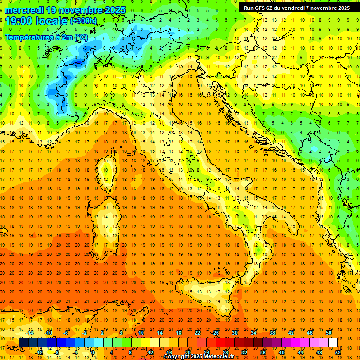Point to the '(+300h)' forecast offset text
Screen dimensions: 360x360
(x=83, y=21)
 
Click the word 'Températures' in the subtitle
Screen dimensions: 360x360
(x=28, y=37)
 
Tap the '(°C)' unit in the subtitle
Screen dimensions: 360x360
(x=80, y=37)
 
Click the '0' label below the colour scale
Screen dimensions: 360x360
(x=93, y=352)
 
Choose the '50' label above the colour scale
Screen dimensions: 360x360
(x=328, y=333)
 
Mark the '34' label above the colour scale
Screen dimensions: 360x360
(x=253, y=333)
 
